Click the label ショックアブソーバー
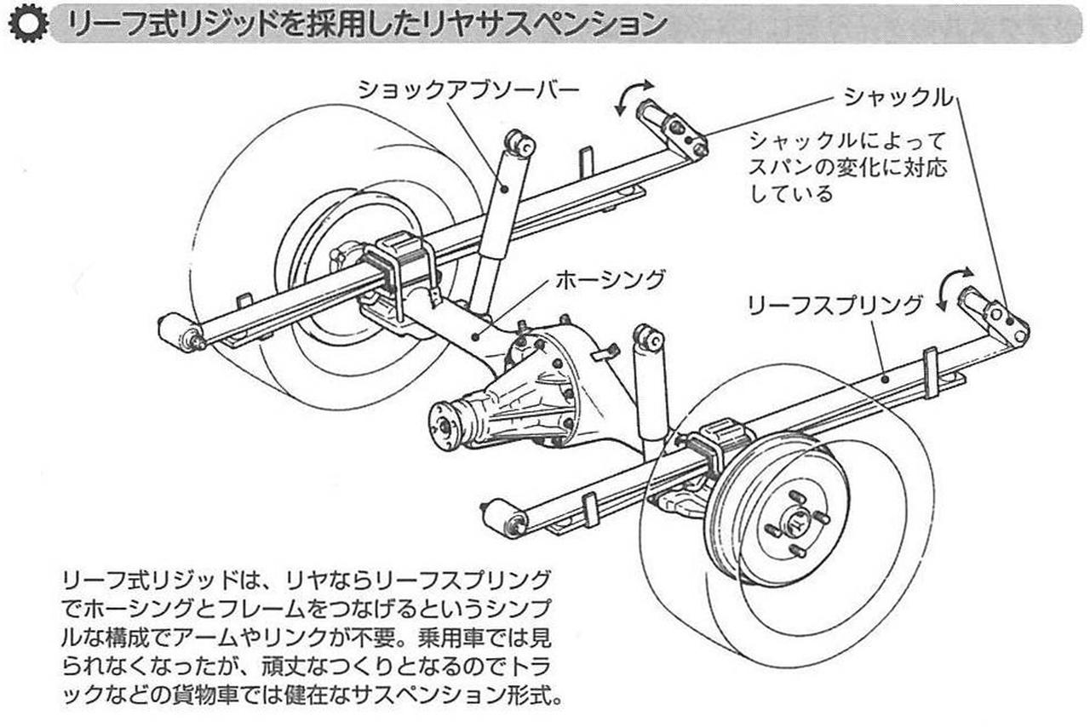pos(468,89)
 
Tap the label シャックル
pos(898,97)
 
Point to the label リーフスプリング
pos(834,305)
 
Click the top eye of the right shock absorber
pos(650,338)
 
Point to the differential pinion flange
pos(446,423)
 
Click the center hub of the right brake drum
pos(796,521)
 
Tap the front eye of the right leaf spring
pos(502,517)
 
